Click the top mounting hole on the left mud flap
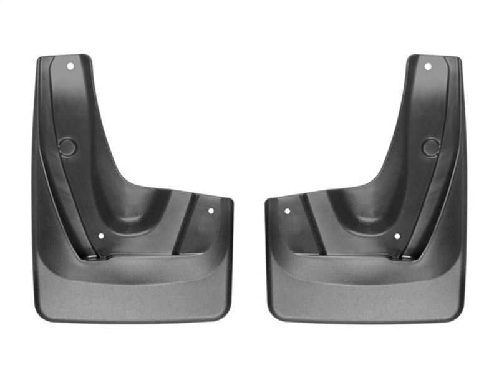pyautogui.click(x=70, y=66)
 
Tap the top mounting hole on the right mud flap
pyautogui.click(x=428, y=66)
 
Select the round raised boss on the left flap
pyautogui.click(x=67, y=147)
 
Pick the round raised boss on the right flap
pyautogui.click(x=430, y=147)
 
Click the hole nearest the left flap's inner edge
pyautogui.click(x=211, y=211)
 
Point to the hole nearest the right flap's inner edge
pyautogui.click(x=287, y=211)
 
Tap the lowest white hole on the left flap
pyautogui.click(x=100, y=236)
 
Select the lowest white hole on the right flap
pyautogui.click(x=397, y=236)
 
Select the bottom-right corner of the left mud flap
pyautogui.click(x=228, y=315)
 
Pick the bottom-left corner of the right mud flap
pyautogui.click(x=271, y=315)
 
